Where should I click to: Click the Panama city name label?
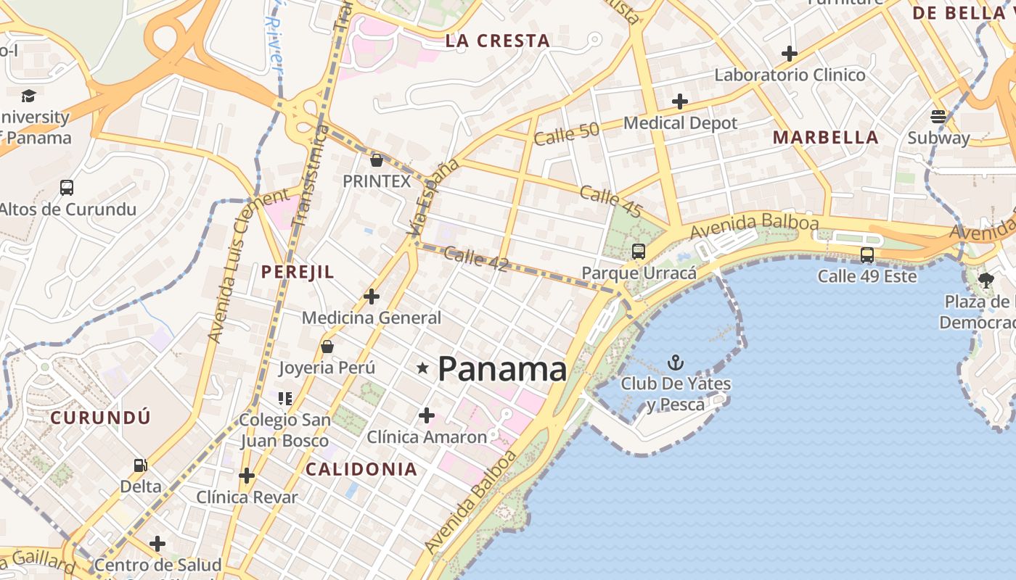pos(502,369)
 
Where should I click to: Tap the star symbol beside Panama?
pos(422,368)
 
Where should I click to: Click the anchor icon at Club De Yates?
pos(676,362)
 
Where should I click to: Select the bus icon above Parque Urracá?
pos(639,252)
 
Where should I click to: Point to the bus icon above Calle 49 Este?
pos(867,255)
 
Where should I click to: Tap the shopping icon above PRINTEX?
pos(376,159)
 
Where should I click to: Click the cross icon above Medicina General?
pos(372,296)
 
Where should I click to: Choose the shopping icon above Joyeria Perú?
pos(327,347)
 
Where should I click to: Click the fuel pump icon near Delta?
pos(140,465)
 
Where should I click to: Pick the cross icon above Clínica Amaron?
pos(427,415)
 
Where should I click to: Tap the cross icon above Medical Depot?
pos(679,101)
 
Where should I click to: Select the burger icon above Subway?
pos(938,116)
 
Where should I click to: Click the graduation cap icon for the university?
pos(28,96)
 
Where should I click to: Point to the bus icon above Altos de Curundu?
pos(67,188)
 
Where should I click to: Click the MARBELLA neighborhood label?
pos(825,137)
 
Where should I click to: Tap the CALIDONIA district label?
pos(361,469)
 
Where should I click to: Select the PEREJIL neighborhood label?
pos(298,272)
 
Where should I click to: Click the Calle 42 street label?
pos(475,259)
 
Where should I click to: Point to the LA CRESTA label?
pos(497,41)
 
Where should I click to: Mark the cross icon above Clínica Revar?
pos(247,476)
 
